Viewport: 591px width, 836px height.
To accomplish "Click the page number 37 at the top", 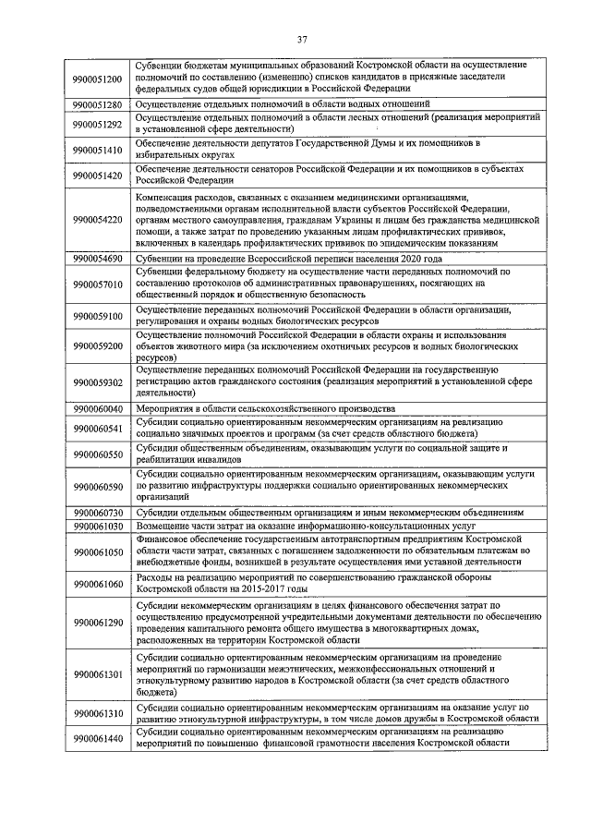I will [x=301, y=39].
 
